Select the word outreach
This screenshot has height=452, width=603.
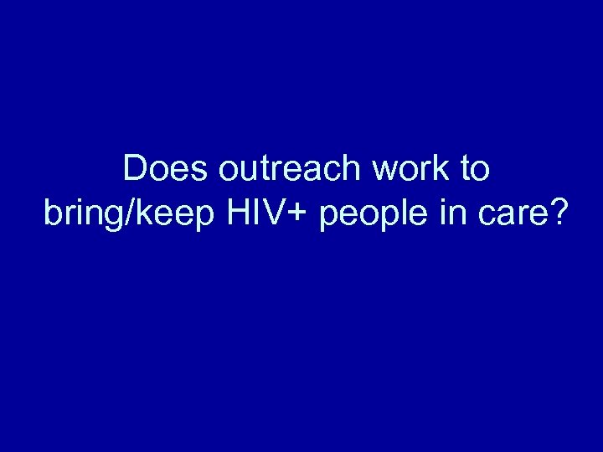289,170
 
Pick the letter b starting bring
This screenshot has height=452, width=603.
53,213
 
